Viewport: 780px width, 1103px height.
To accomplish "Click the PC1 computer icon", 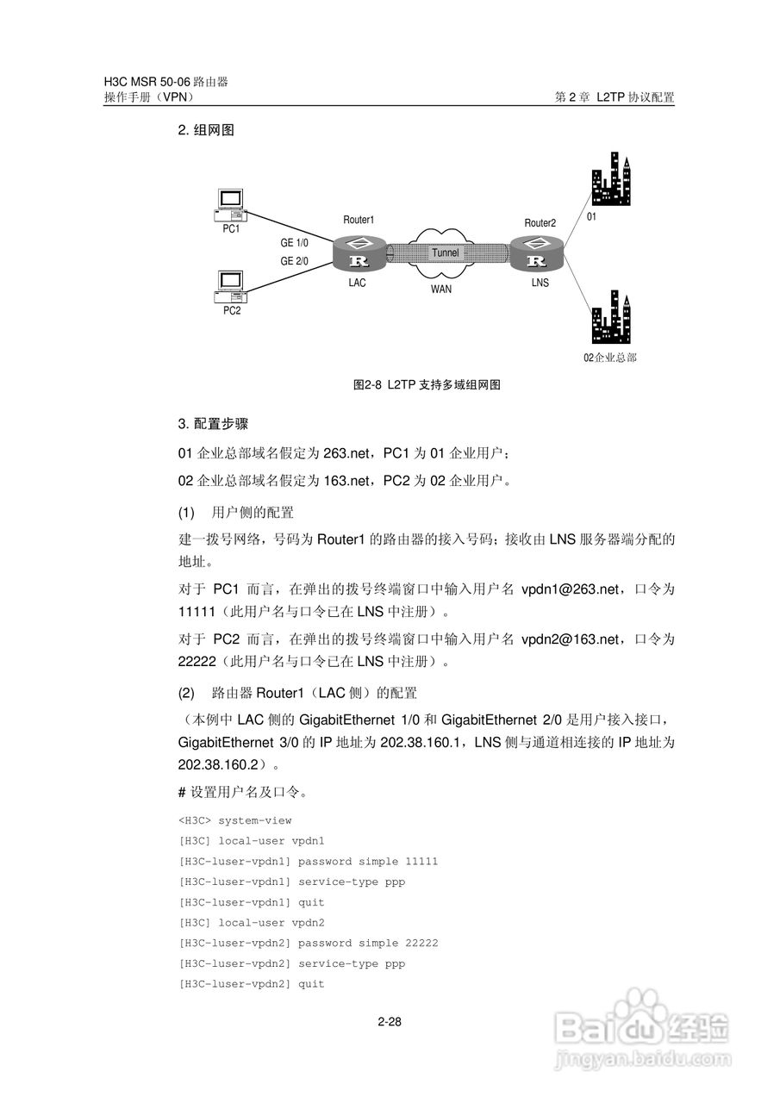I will pos(231,206).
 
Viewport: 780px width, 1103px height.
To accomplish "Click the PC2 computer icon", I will pos(231,288).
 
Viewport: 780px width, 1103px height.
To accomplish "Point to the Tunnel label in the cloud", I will pos(446,253).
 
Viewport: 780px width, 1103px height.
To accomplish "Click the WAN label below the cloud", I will pos(441,290).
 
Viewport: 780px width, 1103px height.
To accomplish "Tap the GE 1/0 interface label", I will pos(294,243).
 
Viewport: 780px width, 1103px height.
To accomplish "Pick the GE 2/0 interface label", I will pos(294,261).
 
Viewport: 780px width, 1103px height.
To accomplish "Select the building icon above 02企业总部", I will pos(612,317).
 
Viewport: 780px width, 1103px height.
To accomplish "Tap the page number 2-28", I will pos(390,1023).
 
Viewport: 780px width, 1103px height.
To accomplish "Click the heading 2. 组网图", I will pos(206,131).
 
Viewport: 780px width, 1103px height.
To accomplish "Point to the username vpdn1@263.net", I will pos(571,589).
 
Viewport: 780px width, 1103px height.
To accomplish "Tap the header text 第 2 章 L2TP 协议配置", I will pos(615,98).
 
